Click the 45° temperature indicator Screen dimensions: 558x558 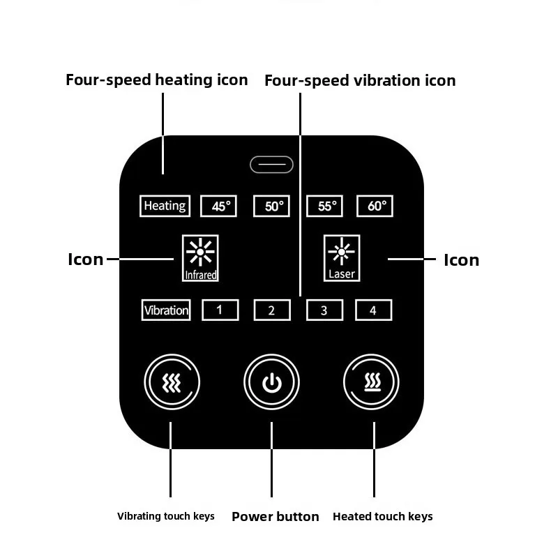pyautogui.click(x=219, y=206)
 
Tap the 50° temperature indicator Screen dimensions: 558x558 pyautogui.click(x=271, y=206)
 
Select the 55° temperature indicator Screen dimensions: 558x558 pyautogui.click(x=324, y=206)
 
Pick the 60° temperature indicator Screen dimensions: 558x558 pyautogui.click(x=375, y=206)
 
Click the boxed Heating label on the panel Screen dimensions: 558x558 pyautogui.click(x=165, y=206)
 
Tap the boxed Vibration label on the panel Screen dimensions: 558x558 pyautogui.click(x=166, y=310)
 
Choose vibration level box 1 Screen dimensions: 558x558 pyautogui.click(x=220, y=310)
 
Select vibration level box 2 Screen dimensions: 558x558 pyautogui.click(x=271, y=310)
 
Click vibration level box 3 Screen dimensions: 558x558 pyautogui.click(x=324, y=310)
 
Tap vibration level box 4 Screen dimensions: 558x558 pyautogui.click(x=373, y=310)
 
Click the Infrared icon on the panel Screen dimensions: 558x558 pyautogui.click(x=201, y=257)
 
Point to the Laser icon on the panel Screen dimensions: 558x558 pyautogui.click(x=342, y=257)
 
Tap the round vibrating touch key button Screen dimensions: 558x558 pyautogui.click(x=172, y=382)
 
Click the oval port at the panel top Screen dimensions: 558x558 pyautogui.click(x=271, y=165)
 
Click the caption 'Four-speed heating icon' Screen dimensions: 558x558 pyautogui.click(x=157, y=80)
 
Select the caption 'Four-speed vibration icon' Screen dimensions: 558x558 pyautogui.click(x=360, y=80)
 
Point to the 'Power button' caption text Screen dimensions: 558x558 pyautogui.click(x=276, y=517)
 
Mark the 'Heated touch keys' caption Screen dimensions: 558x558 pyautogui.click(x=383, y=517)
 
